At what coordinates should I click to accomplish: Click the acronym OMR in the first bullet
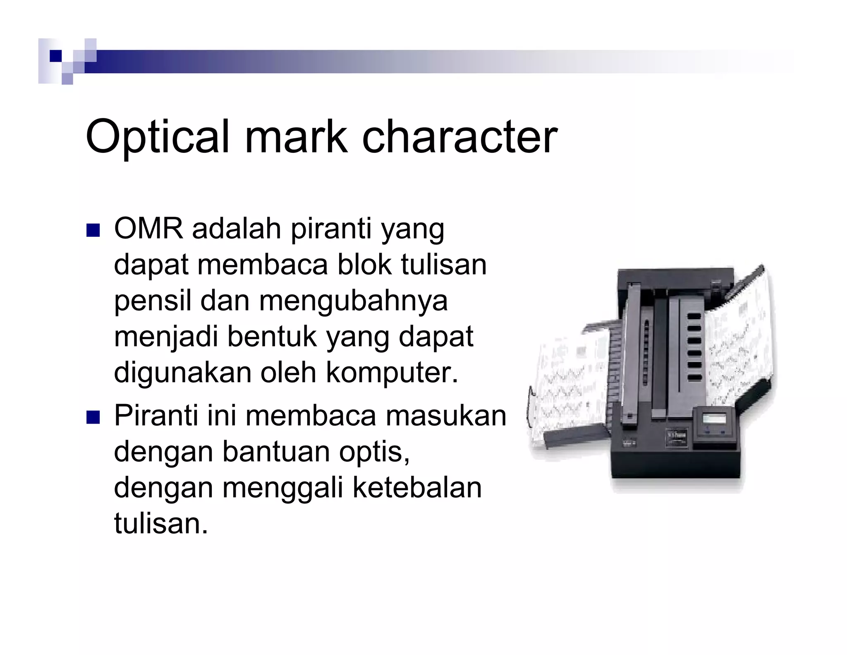coord(148,229)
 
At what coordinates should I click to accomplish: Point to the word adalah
coord(237,229)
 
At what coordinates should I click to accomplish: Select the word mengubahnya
coord(354,301)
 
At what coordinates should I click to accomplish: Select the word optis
coord(374,452)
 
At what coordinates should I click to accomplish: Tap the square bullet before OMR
coord(93,230)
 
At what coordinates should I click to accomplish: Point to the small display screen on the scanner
coord(714,419)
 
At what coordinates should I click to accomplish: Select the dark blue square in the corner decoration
coord(55,56)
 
